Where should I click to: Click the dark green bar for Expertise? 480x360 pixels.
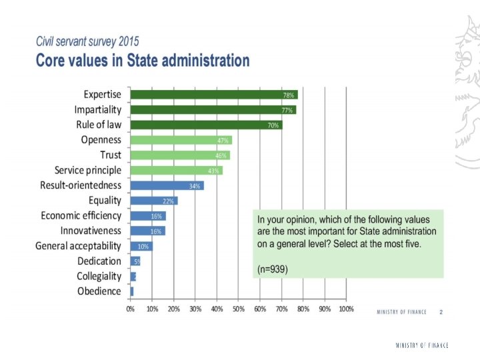[x=213, y=95]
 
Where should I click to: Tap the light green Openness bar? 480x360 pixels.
[x=181, y=140]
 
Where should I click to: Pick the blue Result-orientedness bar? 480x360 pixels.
[x=167, y=185]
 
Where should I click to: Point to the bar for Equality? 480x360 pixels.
[x=154, y=201]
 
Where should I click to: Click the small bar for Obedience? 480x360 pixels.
[x=132, y=291]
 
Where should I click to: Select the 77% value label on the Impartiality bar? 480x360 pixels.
[x=287, y=110]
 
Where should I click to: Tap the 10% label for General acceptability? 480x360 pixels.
[x=143, y=246]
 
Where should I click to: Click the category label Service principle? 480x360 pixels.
[x=88, y=170]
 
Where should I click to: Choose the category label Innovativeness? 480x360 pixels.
[x=91, y=231]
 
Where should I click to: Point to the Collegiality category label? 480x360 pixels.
[x=99, y=276]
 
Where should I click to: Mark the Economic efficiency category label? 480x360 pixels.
[x=81, y=215]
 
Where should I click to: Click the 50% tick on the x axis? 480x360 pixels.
[x=239, y=309]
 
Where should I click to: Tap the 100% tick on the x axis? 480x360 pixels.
[x=346, y=309]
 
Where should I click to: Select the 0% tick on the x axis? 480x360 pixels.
[x=131, y=309]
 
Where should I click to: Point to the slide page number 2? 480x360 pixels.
[x=441, y=311]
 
